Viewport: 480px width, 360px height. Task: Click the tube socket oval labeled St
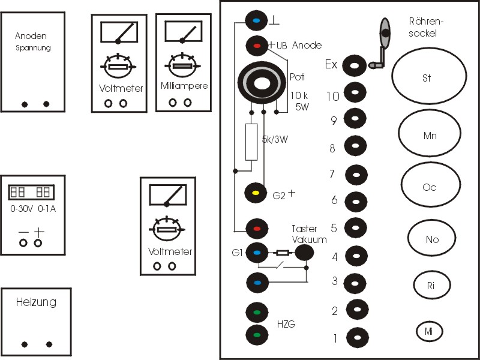point(428,78)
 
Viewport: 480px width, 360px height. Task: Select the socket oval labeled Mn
point(428,136)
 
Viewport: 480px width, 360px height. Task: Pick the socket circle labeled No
point(432,239)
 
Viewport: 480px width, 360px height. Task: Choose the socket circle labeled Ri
point(430,286)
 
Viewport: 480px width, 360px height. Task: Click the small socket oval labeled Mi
point(429,331)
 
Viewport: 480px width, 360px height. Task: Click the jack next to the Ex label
point(355,66)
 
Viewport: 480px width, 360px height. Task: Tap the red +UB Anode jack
point(257,46)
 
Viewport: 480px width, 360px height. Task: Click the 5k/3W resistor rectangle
point(251,142)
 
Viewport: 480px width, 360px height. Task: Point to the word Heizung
point(36,302)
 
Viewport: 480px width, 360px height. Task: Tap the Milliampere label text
point(184,86)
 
